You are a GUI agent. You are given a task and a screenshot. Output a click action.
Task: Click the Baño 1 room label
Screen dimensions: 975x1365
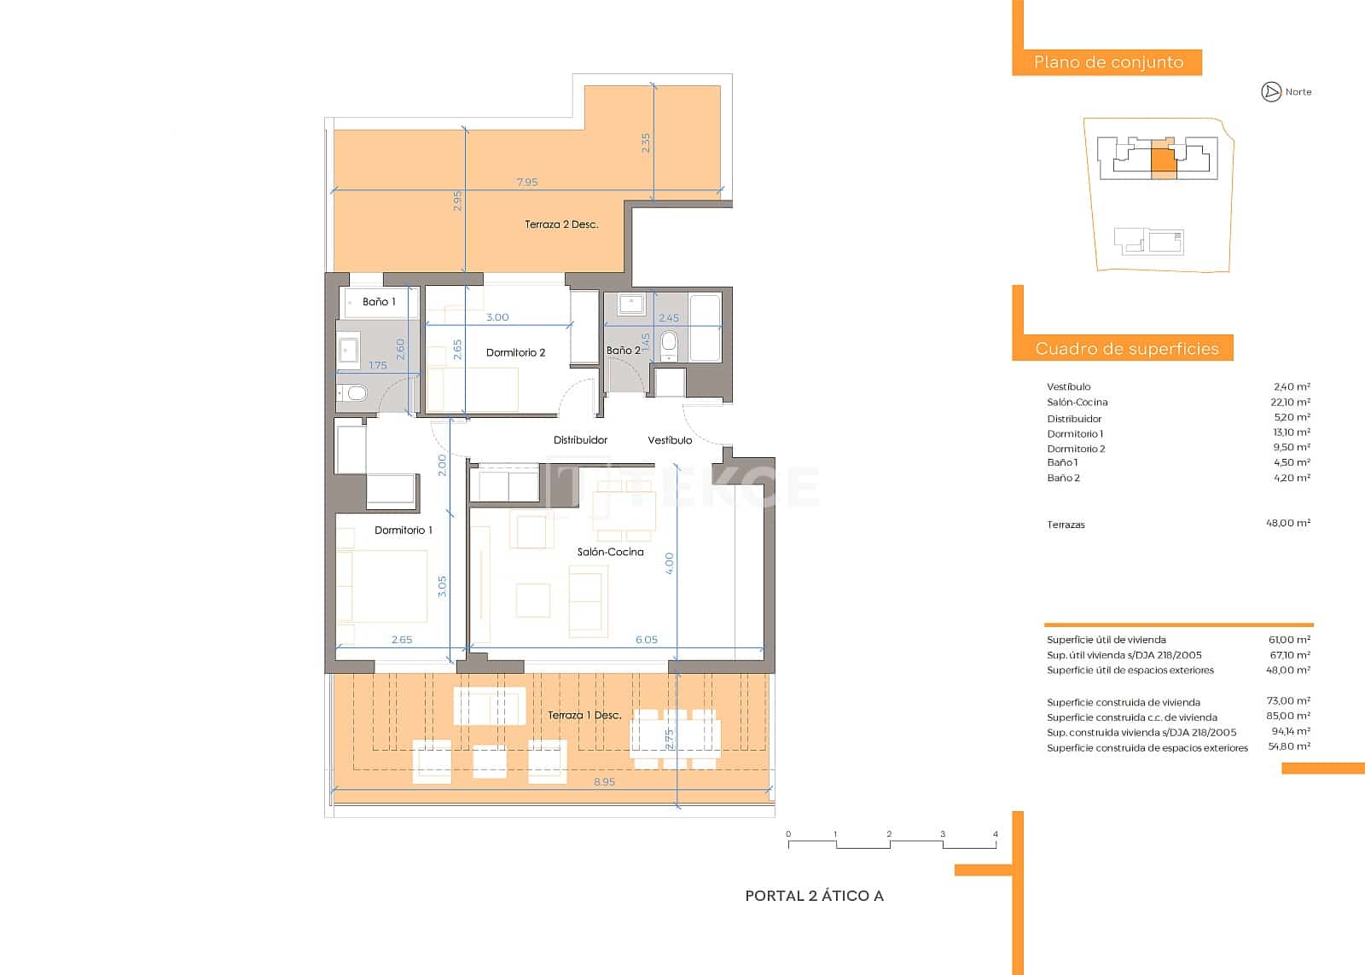pos(379,302)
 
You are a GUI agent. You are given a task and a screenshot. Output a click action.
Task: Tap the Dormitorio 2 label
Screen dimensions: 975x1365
pos(515,352)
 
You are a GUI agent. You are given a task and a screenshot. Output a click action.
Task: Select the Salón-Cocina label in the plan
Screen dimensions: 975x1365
pos(610,552)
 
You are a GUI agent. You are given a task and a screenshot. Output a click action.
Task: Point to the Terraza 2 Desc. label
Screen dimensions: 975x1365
pos(561,224)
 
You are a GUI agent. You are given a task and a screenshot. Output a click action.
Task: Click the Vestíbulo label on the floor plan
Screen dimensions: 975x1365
pos(670,440)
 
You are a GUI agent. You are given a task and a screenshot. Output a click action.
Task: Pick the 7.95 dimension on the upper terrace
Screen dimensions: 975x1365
pos(527,182)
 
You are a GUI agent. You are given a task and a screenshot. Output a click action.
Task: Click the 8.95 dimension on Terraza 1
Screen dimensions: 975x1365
pos(604,781)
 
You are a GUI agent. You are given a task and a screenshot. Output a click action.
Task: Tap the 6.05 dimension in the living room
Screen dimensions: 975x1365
pos(646,639)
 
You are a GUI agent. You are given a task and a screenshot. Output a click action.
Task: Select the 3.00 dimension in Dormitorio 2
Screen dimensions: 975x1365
pos(497,317)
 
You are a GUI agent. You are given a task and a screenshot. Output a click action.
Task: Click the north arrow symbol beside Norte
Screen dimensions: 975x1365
pos(1271,92)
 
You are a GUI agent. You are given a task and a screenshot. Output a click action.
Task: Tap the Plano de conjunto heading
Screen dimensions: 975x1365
pos(1108,62)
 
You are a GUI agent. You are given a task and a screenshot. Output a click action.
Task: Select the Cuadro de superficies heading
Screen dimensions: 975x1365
pos(1126,348)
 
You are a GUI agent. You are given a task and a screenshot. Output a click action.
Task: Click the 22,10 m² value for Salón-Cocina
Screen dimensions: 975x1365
pos(1291,402)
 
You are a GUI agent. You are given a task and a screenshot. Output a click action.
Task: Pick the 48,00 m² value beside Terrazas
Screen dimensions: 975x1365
pos(1287,524)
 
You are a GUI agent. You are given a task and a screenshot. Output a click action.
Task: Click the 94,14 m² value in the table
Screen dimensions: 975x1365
pos(1289,732)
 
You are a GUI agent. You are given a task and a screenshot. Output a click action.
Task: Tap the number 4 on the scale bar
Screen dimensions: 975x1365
pos(996,834)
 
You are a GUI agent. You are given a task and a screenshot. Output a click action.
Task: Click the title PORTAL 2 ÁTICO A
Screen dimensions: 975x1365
pos(814,896)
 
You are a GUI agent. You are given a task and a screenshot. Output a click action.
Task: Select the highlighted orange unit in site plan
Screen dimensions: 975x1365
pos(1163,162)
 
